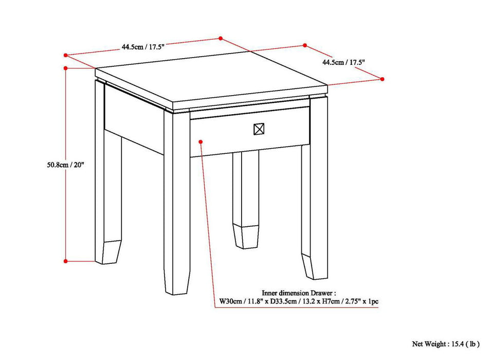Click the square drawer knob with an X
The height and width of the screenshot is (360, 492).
click(259, 129)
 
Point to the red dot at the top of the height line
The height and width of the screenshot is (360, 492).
click(66, 67)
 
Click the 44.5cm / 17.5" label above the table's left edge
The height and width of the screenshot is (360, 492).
click(142, 46)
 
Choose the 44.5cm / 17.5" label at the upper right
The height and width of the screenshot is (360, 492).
click(343, 62)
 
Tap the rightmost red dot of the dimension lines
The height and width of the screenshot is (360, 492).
click(382, 79)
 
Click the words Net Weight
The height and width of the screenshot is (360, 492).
click(430, 344)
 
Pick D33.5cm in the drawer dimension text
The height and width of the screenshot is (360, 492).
click(285, 301)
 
